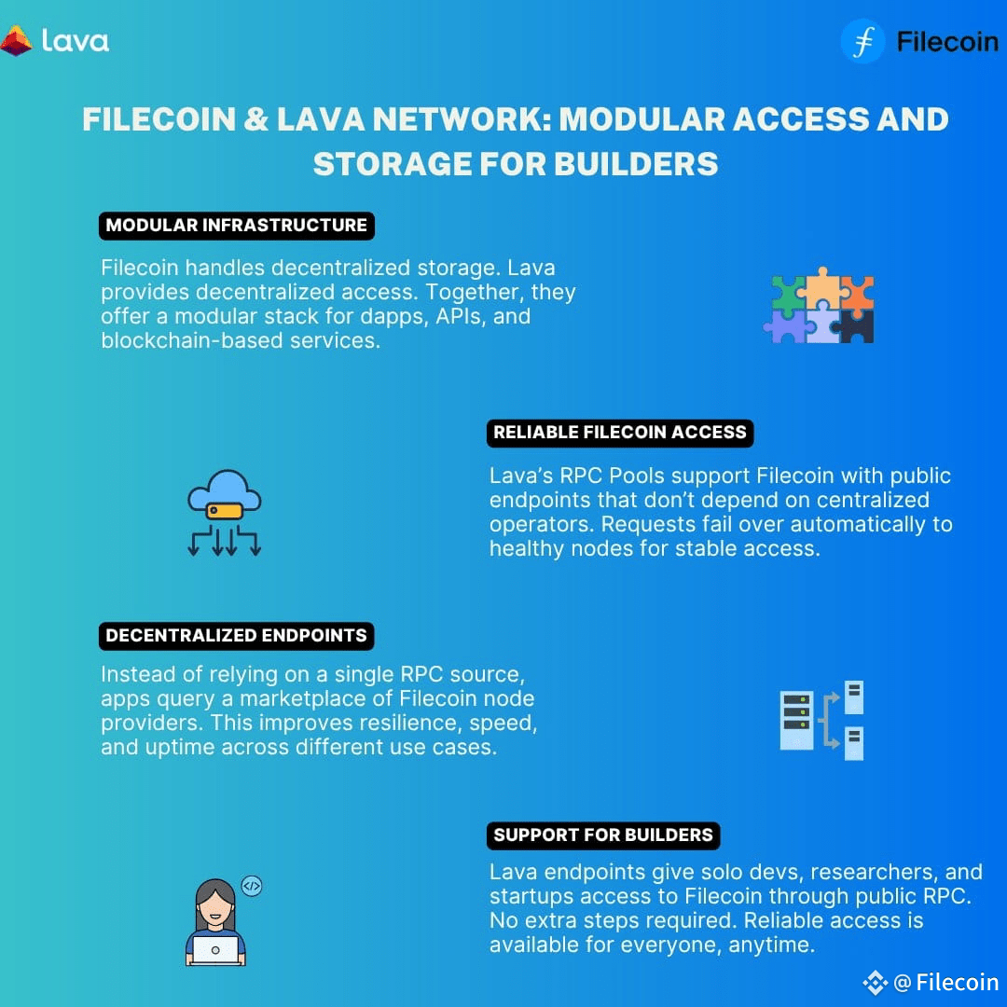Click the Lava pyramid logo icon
point(16,40)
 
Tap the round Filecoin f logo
point(862,41)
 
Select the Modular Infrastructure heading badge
point(236,226)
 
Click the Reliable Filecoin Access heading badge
point(620,433)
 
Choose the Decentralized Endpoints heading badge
point(236,636)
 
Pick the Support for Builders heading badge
point(603,835)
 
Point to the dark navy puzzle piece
point(855,325)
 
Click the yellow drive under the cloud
point(224,511)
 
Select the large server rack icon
point(796,720)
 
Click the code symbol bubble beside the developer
point(251,887)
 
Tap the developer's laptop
point(215,950)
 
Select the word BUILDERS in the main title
point(636,164)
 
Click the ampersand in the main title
point(255,119)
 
